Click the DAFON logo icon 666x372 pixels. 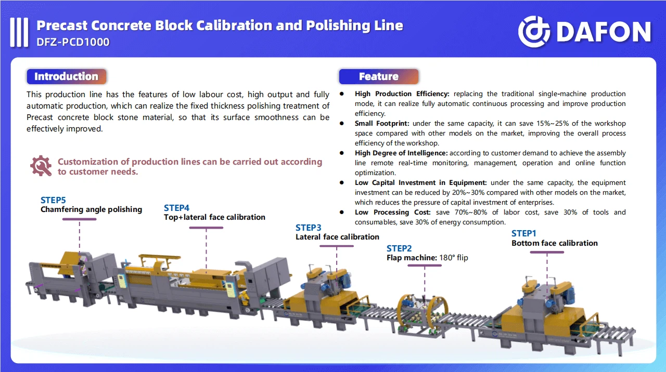point(534,32)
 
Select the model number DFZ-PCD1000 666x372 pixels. point(73,42)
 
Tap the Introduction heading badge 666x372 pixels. point(66,77)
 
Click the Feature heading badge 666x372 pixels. point(378,77)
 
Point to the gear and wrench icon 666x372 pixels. point(41,166)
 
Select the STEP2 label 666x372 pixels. point(399,248)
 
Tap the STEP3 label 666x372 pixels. point(309,228)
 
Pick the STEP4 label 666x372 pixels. point(177,208)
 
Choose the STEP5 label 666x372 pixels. point(53,200)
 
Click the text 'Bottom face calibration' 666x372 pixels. point(554,243)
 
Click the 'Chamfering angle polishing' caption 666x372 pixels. point(91,209)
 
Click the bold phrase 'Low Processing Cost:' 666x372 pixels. point(392,212)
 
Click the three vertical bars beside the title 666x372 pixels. point(19,32)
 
